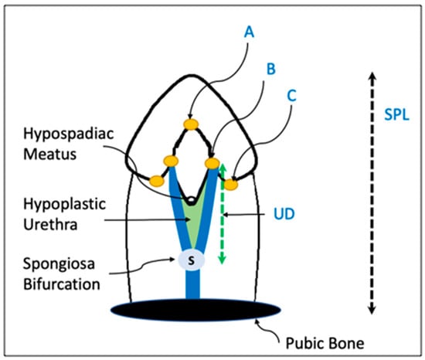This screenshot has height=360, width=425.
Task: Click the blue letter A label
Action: click(x=249, y=32)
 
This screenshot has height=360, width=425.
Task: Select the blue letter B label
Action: click(x=271, y=69)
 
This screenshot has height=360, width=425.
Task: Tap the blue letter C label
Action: click(x=291, y=96)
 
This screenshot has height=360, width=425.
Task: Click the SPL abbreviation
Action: click(x=397, y=114)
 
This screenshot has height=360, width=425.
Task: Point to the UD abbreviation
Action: click(x=284, y=214)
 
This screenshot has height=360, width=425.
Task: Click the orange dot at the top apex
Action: click(x=191, y=124)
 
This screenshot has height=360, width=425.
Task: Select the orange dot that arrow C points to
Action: click(x=230, y=185)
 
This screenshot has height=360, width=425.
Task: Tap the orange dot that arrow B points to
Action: click(x=212, y=163)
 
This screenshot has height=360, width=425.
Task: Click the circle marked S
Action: click(x=192, y=260)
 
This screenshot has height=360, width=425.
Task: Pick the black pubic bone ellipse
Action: click(x=195, y=310)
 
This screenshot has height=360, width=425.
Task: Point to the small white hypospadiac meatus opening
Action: click(x=192, y=200)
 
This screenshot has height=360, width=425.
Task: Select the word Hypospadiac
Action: click(x=69, y=134)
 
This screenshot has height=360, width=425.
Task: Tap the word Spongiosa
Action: click(x=59, y=264)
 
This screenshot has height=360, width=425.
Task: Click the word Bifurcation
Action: click(x=62, y=284)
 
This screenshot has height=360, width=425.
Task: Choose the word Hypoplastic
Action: click(x=64, y=204)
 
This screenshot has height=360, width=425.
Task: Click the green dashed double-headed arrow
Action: click(x=223, y=213)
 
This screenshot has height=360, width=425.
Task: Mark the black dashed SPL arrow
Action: click(x=372, y=193)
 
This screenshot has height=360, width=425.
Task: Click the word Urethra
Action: click(x=50, y=225)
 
